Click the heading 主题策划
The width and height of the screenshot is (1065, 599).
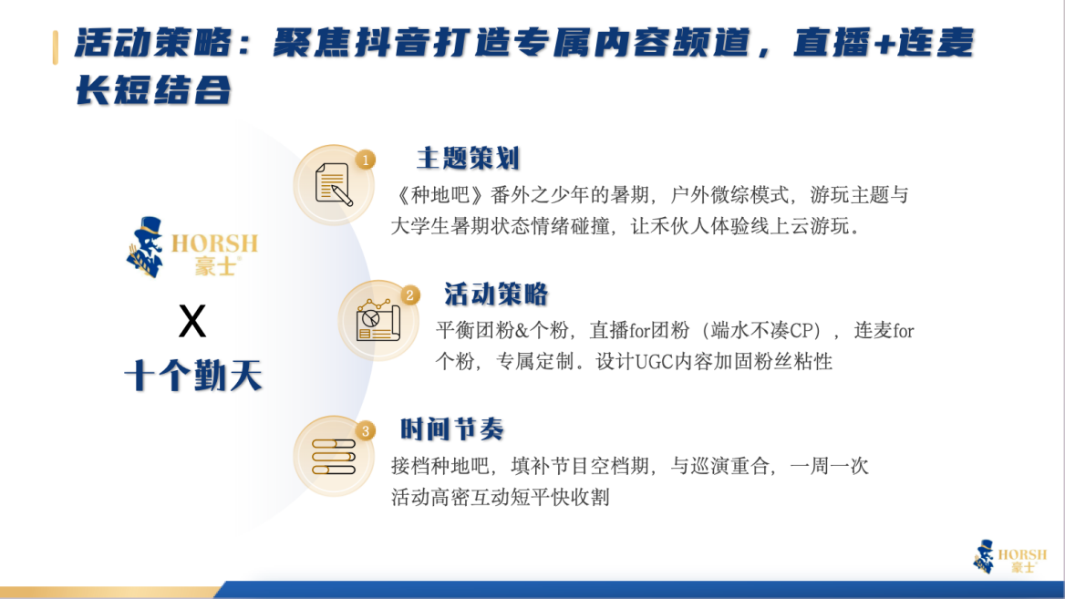(468, 159)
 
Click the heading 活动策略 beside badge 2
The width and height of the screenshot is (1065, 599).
(496, 294)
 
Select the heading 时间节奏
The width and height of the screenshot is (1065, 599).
(451, 429)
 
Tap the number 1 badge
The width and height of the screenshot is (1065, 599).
(366, 160)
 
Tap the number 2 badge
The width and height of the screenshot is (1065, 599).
(409, 295)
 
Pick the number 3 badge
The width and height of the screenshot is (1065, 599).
(366, 431)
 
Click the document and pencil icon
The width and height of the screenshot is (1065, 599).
(334, 184)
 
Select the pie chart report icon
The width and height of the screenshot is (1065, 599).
(377, 320)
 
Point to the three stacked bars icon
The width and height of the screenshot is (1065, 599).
(334, 457)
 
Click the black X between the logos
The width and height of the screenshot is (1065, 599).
(192, 321)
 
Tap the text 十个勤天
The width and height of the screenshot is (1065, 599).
(193, 376)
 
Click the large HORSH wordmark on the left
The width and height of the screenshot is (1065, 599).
(214, 243)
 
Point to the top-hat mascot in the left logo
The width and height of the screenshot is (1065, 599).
(145, 247)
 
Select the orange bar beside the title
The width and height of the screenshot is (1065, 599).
(55, 47)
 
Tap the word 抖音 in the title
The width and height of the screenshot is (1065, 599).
(393, 44)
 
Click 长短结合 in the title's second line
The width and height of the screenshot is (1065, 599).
(153, 90)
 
